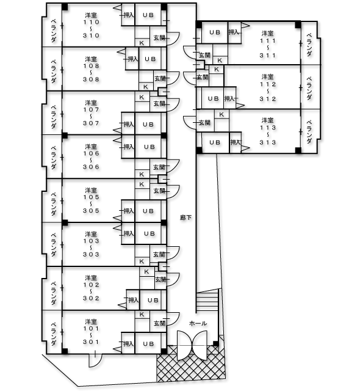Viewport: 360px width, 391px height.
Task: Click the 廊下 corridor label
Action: point(185,217)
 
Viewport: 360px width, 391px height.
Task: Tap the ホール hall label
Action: point(198,323)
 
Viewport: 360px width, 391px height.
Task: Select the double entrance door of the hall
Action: point(192,345)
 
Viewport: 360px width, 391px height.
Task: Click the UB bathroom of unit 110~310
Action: point(148,15)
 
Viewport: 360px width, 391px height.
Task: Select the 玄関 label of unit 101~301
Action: point(159,323)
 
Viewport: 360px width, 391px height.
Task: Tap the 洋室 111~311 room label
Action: point(268,44)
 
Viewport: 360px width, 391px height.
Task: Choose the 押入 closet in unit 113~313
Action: point(236,142)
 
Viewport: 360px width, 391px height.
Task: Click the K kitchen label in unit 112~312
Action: point(217,69)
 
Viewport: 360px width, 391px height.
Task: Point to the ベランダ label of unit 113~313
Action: point(309,132)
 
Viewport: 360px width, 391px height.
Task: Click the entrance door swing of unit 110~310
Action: point(173,38)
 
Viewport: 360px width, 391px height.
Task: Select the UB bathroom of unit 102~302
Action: point(153,300)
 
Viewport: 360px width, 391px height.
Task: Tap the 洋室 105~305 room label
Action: point(91,200)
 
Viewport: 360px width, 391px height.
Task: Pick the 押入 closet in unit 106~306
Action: point(129,147)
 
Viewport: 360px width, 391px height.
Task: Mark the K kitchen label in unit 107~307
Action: point(142,97)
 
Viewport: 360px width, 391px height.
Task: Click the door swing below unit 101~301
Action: point(95,360)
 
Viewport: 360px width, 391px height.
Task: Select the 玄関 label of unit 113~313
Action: point(204,122)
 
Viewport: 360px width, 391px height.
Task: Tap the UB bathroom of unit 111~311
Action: point(214,32)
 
